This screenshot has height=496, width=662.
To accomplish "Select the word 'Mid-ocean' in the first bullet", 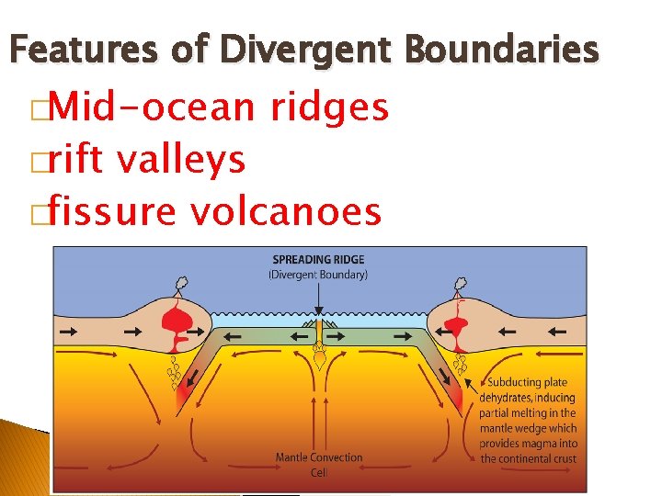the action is [153, 107].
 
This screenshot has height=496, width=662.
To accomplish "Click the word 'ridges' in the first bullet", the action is [330, 109].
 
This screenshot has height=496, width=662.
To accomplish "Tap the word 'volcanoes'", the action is [286, 212].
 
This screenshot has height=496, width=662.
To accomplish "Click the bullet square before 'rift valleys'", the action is [38, 162].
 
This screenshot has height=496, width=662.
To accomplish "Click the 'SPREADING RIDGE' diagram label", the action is [317, 260].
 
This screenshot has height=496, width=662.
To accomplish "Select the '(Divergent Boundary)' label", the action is [317, 274].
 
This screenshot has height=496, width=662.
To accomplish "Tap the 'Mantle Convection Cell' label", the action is [319, 463].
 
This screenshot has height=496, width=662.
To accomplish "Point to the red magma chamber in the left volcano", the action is [174, 322].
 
